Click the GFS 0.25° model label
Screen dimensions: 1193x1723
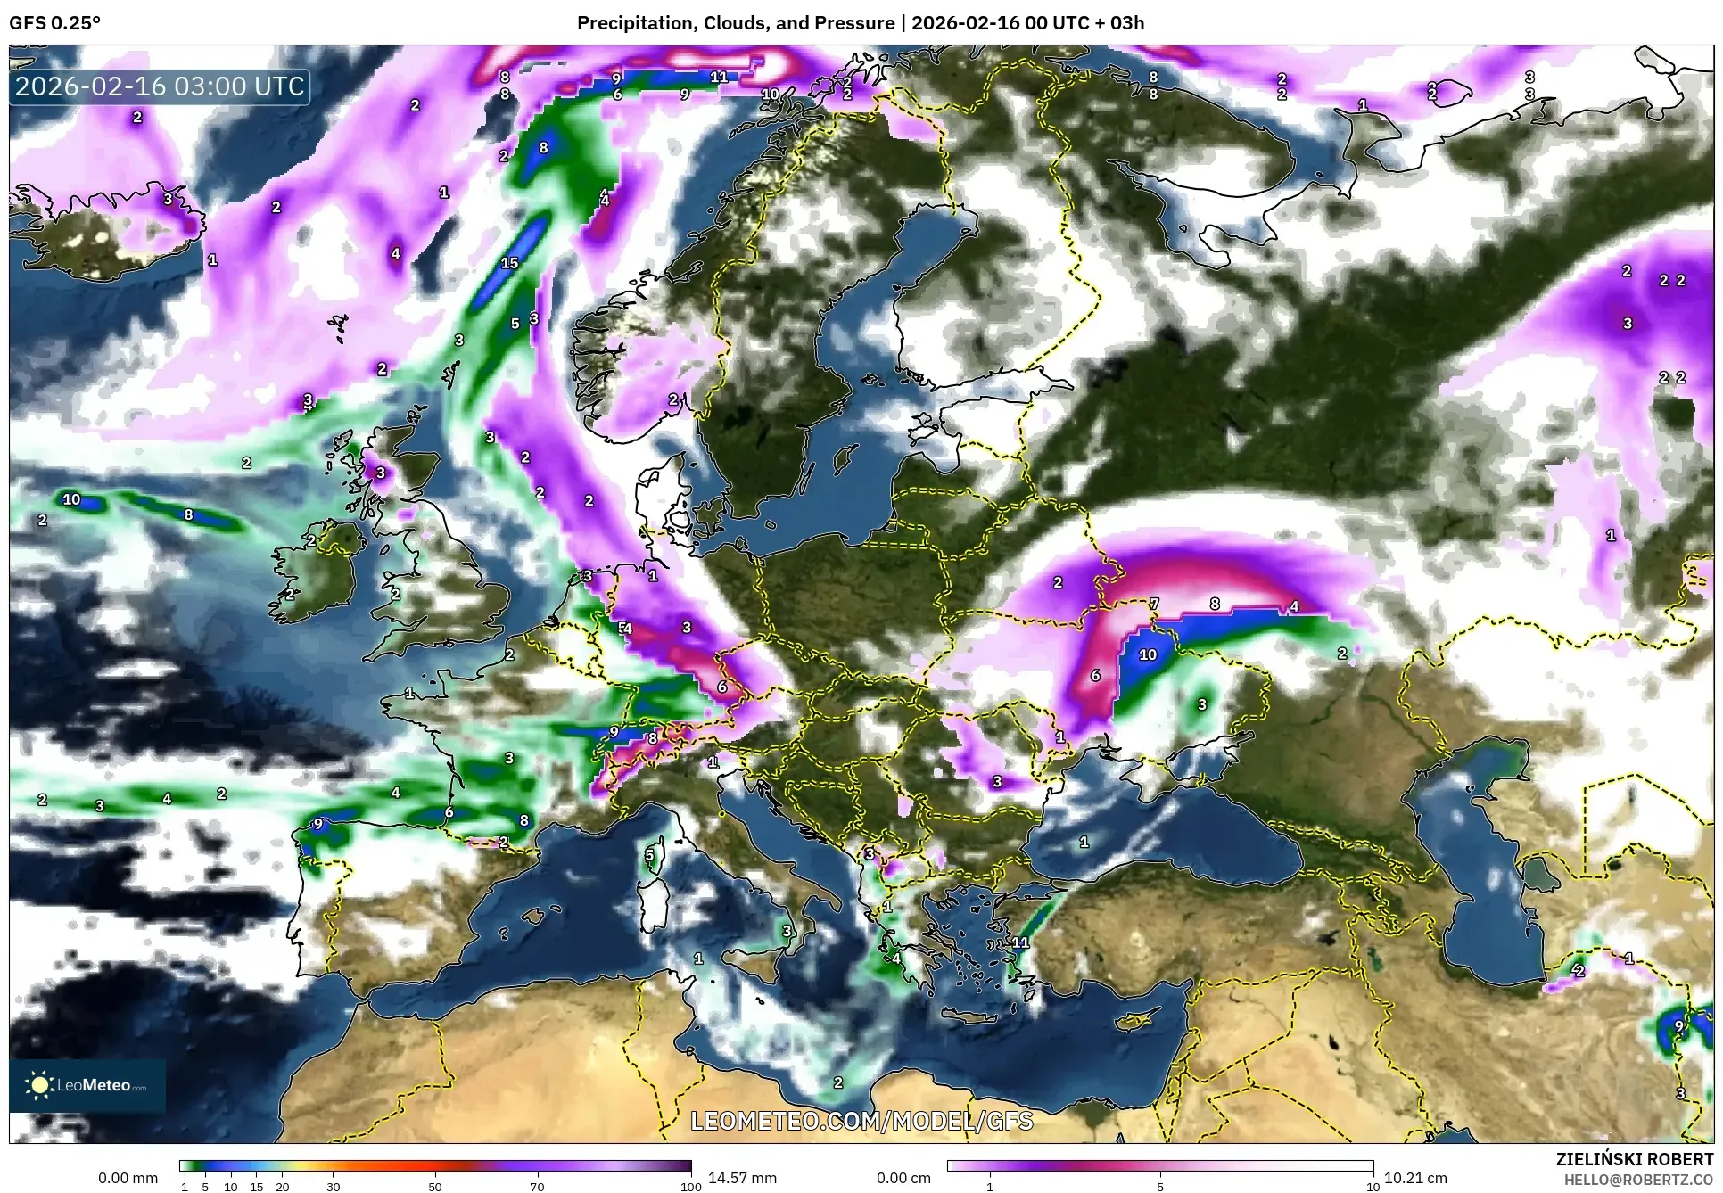[x=54, y=23]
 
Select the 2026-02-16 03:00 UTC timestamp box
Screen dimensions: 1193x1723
[x=160, y=86]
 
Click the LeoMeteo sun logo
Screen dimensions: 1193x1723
[x=39, y=1085]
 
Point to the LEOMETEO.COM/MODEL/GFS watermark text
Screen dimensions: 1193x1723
[x=861, y=1121]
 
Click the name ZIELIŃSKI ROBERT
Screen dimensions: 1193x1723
[x=1634, y=1159]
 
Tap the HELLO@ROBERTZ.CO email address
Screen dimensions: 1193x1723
[x=1638, y=1180]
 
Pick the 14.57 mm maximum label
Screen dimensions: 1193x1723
[x=742, y=1178]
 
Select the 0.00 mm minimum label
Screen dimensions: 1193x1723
[x=128, y=1178]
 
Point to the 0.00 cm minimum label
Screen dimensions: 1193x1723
[x=903, y=1178]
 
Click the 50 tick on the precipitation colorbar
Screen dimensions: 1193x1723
[x=435, y=1187]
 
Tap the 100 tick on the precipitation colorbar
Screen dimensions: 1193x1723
[x=690, y=1187]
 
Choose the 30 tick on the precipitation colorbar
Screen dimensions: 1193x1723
[x=333, y=1187]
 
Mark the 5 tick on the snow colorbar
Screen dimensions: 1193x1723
[x=1159, y=1187]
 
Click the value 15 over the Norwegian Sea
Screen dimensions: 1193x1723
[x=509, y=263]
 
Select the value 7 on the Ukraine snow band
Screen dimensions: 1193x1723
[x=1154, y=605]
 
